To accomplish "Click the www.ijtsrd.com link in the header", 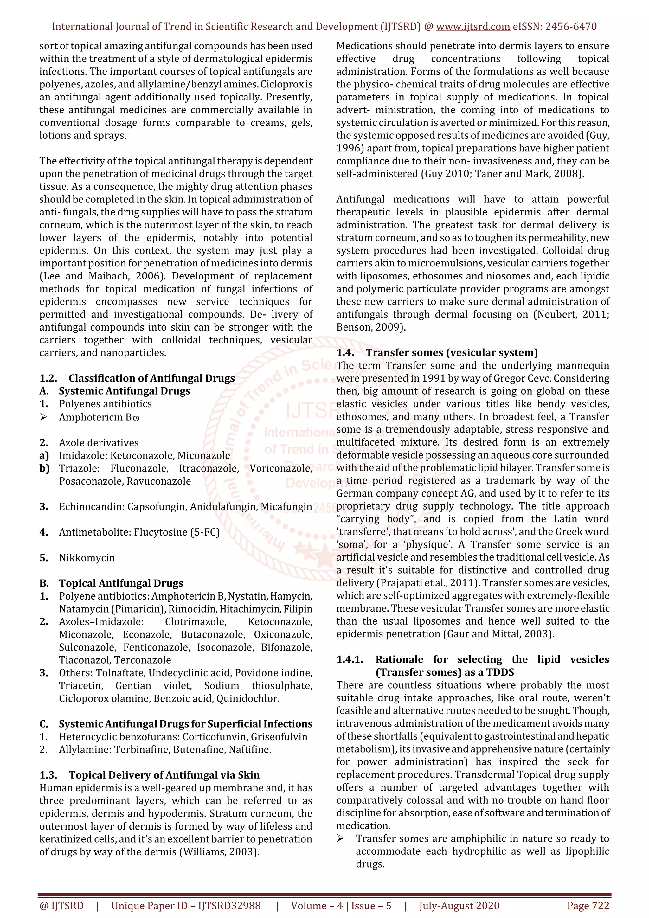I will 473,27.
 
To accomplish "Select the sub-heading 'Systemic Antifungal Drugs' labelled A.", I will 124,391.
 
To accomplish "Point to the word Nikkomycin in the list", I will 87,557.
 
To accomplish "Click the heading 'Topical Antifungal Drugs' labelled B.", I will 121,583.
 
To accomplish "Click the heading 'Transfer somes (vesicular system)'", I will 452,352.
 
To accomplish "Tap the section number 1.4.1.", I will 350,659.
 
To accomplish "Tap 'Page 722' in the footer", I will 588,906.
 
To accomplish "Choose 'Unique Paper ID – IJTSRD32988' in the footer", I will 186,906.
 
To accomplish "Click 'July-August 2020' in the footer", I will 459,906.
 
